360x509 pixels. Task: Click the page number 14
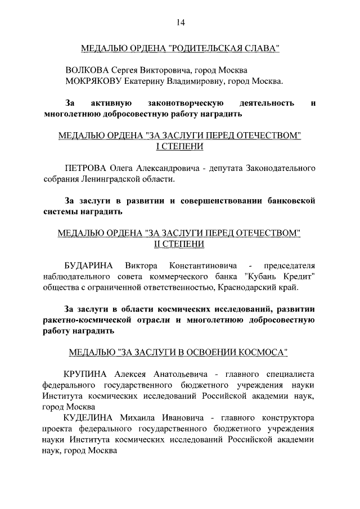pos(180,22)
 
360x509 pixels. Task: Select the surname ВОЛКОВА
pos(86,70)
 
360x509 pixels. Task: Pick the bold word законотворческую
pos(186,103)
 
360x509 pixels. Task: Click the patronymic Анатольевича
pos(175,374)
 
